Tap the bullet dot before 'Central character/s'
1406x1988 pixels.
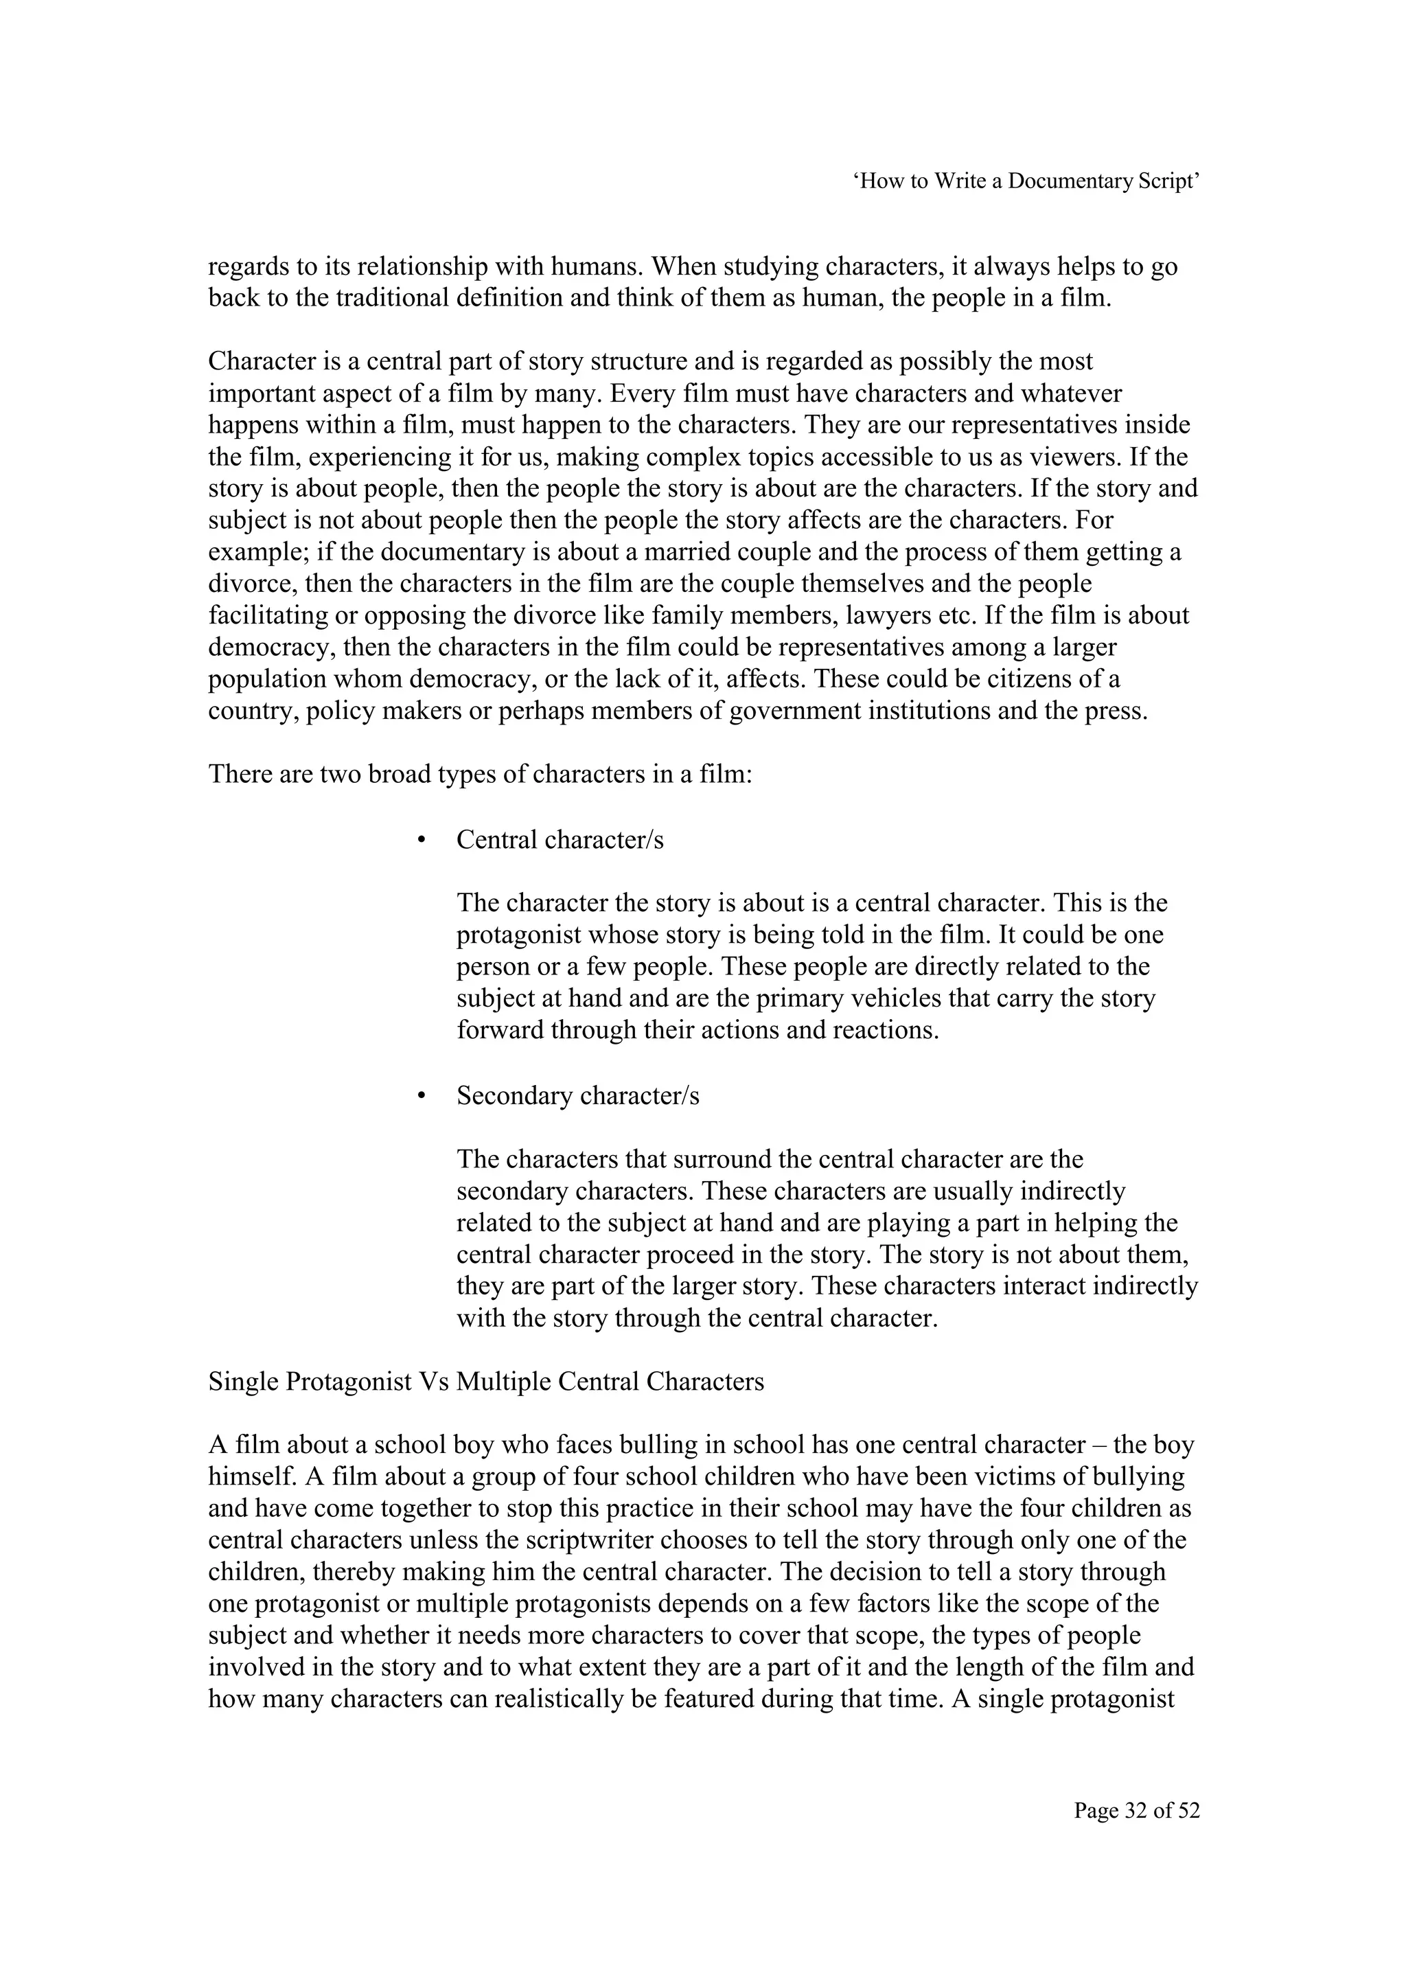(422, 841)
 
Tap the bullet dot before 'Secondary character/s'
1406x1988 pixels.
(422, 1096)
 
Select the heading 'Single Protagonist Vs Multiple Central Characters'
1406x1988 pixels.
(485, 1381)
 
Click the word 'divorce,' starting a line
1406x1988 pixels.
(253, 584)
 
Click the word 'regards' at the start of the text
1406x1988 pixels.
(249, 266)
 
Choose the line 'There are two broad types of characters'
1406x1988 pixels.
(481, 773)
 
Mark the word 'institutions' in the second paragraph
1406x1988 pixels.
(918, 711)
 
